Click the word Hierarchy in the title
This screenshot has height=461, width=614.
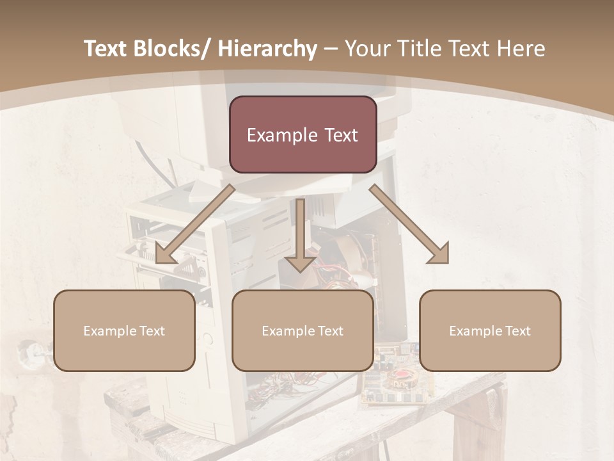(x=267, y=49)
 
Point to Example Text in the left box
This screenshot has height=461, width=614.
(x=124, y=331)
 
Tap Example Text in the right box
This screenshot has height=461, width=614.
(x=490, y=331)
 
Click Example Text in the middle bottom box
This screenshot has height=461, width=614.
(x=303, y=331)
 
